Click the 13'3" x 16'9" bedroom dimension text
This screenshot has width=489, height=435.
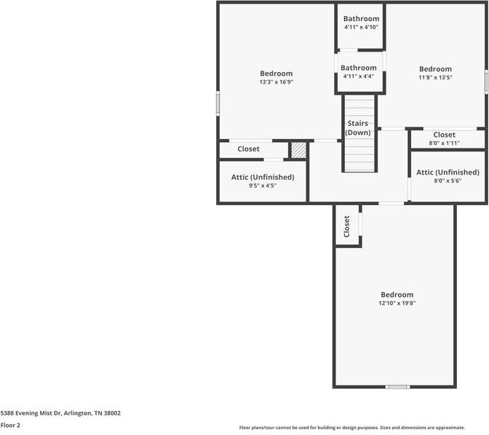[277, 82]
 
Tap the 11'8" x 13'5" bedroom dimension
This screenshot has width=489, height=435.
[435, 78]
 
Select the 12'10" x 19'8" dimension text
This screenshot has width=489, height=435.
[397, 303]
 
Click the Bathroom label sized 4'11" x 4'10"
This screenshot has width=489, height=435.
[361, 27]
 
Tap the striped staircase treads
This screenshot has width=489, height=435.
[360, 156]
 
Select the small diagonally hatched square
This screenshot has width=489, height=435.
[298, 150]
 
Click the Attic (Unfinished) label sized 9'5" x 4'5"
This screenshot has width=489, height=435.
[263, 177]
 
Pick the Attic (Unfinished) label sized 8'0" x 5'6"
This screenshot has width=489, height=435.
[448, 172]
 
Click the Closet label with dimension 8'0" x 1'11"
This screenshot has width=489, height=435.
[445, 135]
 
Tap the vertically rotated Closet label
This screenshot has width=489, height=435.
[347, 226]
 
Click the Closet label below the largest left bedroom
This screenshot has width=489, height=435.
[248, 149]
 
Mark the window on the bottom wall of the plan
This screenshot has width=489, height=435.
[397, 387]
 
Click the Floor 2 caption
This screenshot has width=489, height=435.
[10, 425]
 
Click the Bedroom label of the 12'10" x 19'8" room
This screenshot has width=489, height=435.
[397, 295]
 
